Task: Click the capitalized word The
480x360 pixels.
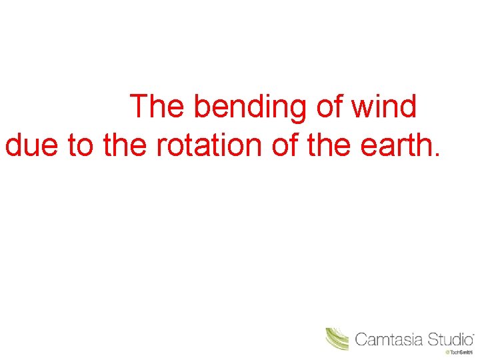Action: point(155,107)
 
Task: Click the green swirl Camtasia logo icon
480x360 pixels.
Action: point(337,339)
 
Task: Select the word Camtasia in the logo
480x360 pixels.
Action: point(389,339)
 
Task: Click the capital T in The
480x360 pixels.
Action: point(138,107)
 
